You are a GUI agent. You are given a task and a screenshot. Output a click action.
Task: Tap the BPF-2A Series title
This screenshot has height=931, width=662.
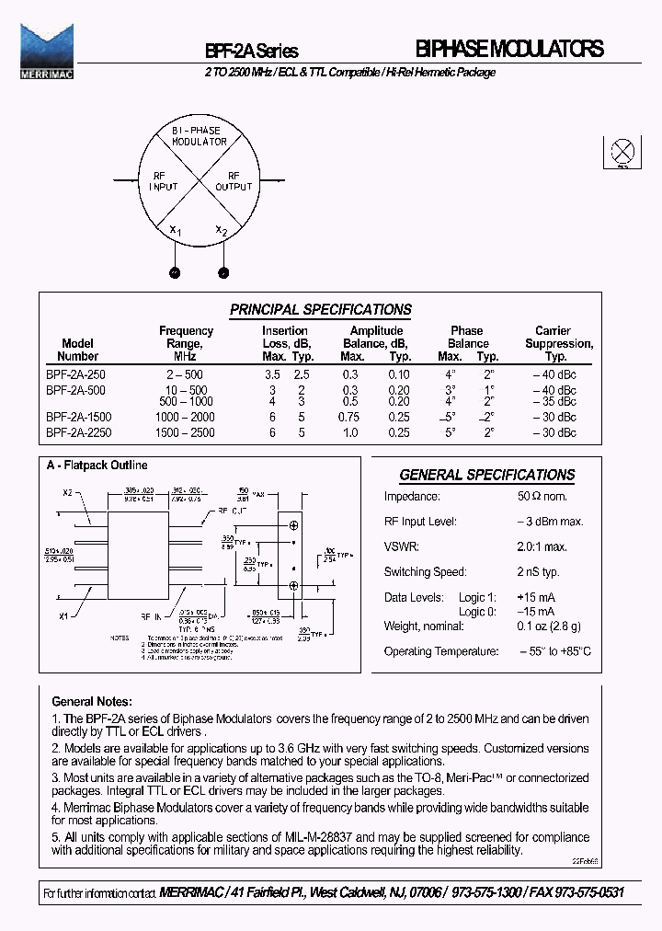tap(251, 52)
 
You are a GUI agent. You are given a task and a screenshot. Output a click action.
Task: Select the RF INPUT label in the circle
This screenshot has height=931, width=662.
tap(163, 180)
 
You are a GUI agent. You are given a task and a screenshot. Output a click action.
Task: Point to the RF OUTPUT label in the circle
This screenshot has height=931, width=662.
tap(234, 180)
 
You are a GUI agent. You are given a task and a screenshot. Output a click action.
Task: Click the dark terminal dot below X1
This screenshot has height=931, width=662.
tap(173, 272)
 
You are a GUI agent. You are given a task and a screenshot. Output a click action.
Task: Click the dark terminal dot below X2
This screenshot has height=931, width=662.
tap(223, 272)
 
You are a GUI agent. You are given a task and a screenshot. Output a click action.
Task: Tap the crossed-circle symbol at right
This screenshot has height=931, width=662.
tap(622, 152)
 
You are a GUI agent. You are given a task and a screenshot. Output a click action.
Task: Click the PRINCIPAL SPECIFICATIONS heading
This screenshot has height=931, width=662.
tap(320, 310)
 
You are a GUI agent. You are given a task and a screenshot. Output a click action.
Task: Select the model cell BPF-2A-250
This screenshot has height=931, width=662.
tap(75, 375)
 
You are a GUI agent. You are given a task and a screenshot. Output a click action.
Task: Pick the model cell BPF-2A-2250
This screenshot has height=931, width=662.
tap(78, 431)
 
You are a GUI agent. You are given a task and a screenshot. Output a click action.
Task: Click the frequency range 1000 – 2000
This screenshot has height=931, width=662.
tap(185, 418)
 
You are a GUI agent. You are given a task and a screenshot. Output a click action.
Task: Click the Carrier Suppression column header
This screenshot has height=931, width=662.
tap(558, 343)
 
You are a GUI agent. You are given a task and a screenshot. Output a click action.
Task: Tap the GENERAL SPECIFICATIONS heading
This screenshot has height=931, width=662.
tap(486, 475)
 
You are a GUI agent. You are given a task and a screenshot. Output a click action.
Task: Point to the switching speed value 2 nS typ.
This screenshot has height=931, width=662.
tap(538, 572)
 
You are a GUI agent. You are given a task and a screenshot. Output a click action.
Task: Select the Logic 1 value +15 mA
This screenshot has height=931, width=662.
tap(536, 597)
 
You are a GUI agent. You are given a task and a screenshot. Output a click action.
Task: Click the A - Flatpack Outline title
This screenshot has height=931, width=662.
tap(97, 465)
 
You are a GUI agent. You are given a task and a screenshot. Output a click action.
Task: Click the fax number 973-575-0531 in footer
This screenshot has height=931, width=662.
tap(567, 893)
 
